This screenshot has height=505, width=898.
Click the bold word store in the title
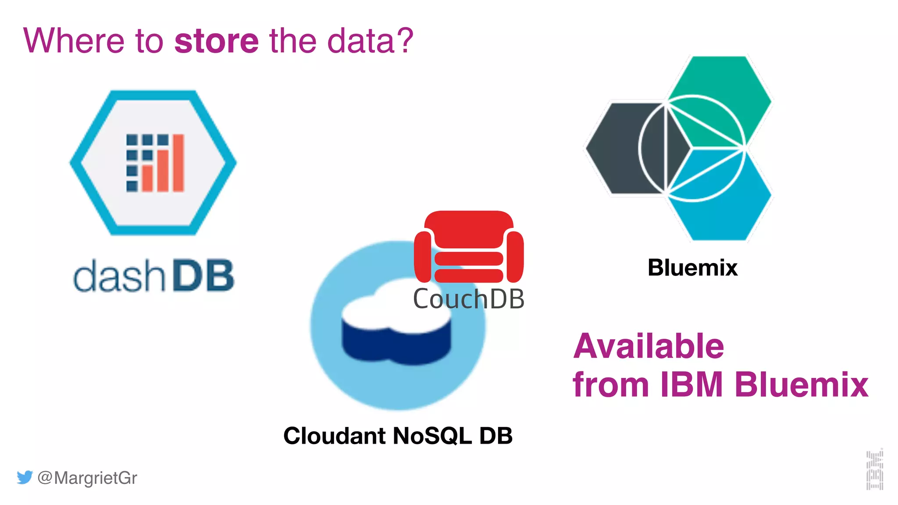click(217, 41)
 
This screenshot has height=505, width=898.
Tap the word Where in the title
click(74, 41)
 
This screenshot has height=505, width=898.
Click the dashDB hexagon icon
click(153, 163)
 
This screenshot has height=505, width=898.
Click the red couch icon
click(469, 247)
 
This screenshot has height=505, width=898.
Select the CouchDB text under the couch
click(469, 299)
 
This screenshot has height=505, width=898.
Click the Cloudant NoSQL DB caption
click(398, 436)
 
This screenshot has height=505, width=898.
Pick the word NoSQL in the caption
click(432, 436)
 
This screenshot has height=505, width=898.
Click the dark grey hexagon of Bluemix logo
click(618, 148)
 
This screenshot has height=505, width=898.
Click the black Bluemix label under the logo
click(692, 267)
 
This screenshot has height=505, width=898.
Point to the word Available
click(649, 346)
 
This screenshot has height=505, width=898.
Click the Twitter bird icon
click(25, 477)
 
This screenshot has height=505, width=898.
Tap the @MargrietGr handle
click(87, 478)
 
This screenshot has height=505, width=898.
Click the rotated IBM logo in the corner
click(875, 469)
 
